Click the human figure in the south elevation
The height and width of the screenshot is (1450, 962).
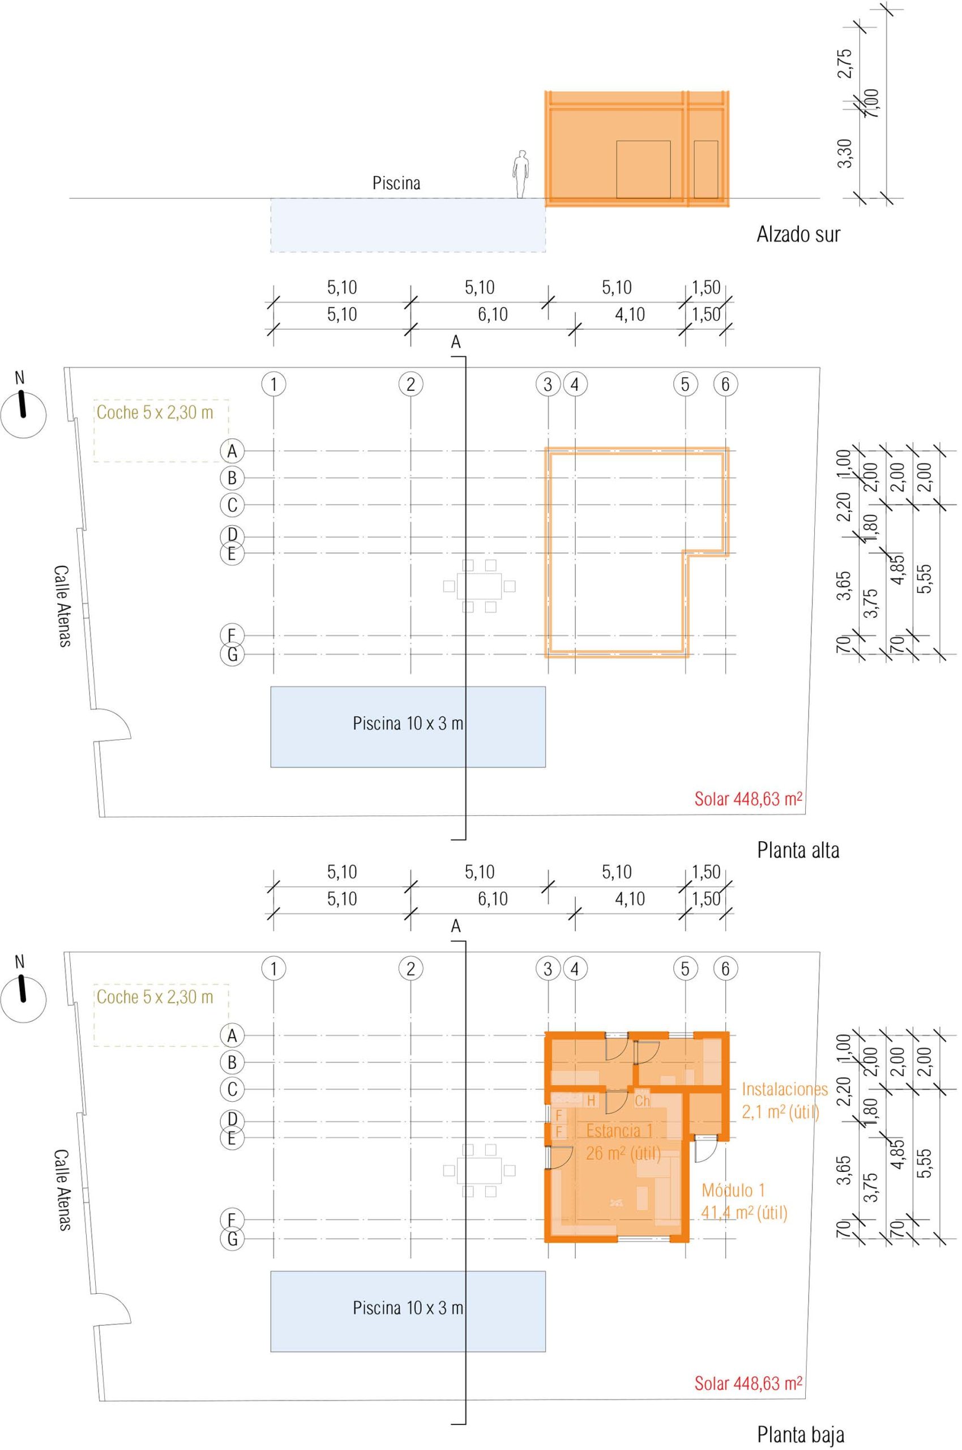coord(521,174)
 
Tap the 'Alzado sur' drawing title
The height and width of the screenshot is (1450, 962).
coord(798,234)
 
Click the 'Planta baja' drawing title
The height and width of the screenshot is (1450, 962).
coord(801,1430)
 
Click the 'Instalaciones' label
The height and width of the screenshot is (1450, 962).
coord(785,1089)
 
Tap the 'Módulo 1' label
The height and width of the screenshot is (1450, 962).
coord(733,1190)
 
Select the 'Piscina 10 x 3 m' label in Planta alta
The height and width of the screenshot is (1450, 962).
coord(408,723)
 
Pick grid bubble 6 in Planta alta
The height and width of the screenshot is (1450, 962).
coord(725,384)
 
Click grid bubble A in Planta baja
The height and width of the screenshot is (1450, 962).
coord(232,1035)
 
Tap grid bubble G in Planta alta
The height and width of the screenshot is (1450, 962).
coord(232,655)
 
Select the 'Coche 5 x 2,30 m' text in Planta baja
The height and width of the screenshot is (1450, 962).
coord(155,996)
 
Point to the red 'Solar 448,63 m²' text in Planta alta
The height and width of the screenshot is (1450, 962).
coord(749,799)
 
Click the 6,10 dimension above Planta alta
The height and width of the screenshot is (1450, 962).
coord(493,315)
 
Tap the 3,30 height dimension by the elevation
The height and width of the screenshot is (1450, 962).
coord(845,153)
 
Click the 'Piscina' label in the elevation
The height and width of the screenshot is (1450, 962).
coord(396,183)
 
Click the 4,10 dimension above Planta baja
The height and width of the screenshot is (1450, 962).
coord(630,899)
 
